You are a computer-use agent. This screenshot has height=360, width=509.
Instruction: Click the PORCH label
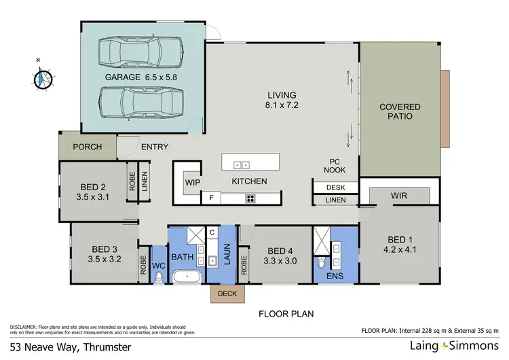[x=88, y=147]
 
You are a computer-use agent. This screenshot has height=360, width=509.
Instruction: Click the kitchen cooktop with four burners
[x=250, y=198]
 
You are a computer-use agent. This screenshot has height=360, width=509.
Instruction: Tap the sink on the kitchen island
[x=241, y=164]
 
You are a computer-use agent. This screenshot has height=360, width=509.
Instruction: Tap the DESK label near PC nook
[x=335, y=187]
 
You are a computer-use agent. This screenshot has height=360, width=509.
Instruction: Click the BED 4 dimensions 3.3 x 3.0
[x=278, y=259]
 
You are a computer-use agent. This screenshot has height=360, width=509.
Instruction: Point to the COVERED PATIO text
[x=400, y=111]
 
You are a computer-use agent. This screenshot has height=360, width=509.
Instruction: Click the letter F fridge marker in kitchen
[x=211, y=198]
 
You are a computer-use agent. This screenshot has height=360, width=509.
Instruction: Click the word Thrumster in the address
[x=102, y=346]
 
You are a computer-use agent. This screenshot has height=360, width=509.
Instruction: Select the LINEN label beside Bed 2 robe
[x=144, y=181]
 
